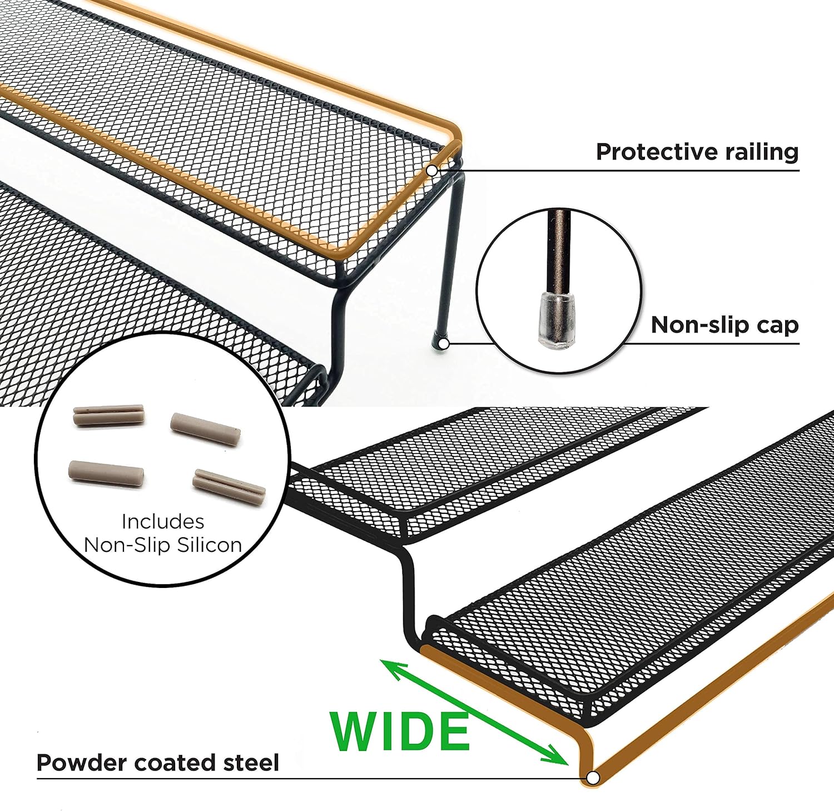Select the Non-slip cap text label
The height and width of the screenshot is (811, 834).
click(x=724, y=325)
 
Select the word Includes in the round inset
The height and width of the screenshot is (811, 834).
click(x=162, y=521)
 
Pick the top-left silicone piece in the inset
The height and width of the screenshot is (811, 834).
click(x=109, y=415)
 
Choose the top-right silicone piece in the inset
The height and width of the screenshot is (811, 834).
click(x=205, y=429)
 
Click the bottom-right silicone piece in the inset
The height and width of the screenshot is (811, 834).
click(x=229, y=484)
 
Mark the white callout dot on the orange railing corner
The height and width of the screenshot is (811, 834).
click(x=432, y=170)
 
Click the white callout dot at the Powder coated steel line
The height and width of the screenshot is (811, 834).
click(x=593, y=777)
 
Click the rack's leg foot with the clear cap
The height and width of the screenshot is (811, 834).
click(x=442, y=343)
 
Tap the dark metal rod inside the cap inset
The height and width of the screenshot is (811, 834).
click(x=558, y=250)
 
